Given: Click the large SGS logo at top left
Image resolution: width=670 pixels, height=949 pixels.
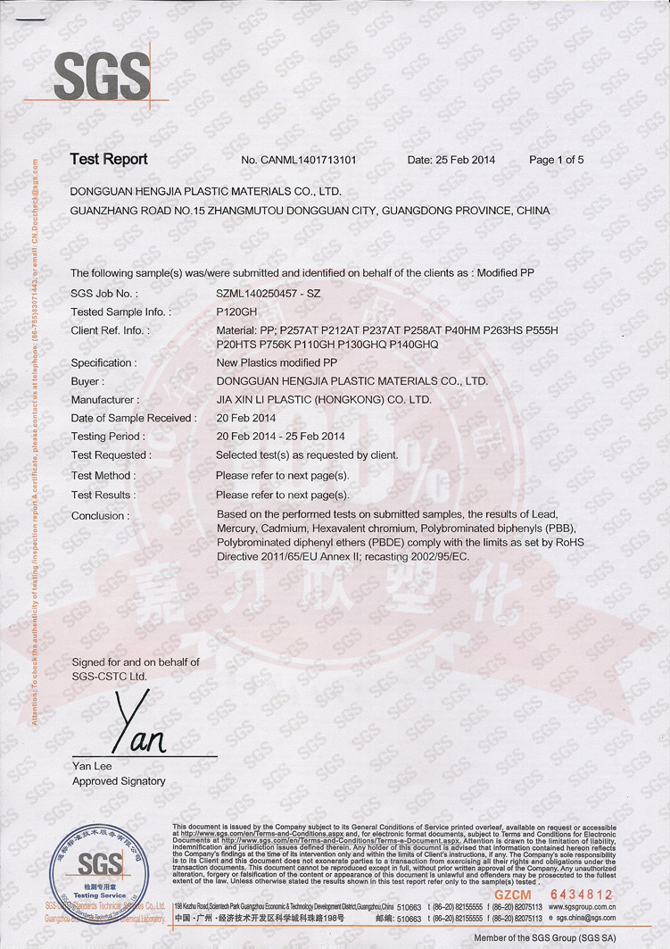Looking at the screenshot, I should [101, 76].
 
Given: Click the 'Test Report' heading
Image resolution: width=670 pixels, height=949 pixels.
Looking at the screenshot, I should [109, 160].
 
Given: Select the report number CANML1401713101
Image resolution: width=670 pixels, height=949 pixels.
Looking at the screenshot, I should [299, 161].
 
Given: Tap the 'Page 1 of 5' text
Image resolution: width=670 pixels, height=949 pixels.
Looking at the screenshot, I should [556, 161].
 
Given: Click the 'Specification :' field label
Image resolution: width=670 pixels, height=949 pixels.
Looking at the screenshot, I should [103, 363].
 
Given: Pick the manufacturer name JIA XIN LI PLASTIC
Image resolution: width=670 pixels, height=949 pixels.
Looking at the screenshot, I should [324, 400].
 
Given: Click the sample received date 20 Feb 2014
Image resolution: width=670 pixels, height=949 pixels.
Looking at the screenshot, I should [246, 418].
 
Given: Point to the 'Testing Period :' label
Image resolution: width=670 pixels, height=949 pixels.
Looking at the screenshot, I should [107, 437].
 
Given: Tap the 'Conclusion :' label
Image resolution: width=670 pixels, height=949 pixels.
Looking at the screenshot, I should [100, 516].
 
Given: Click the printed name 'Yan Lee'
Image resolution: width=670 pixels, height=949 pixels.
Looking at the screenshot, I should [92, 766].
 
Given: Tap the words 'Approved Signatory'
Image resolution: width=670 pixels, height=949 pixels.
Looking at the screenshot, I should [119, 781].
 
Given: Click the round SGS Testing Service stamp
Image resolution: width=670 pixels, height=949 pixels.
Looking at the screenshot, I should [99, 871].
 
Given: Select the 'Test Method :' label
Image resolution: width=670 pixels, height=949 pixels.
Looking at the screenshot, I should [103, 476].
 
